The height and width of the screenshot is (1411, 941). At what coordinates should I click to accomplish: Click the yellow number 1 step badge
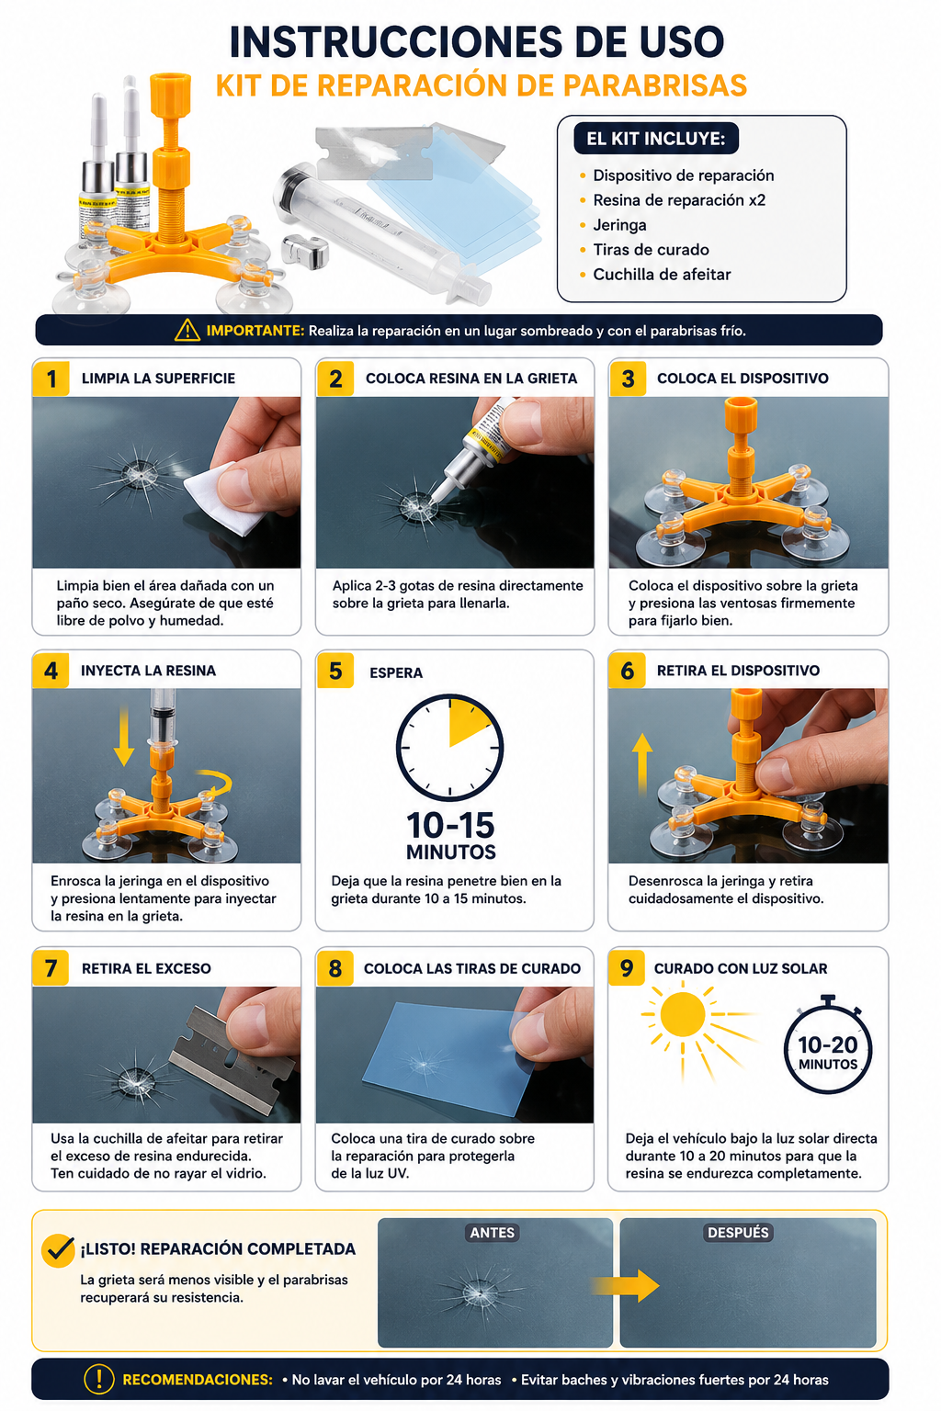coord(51,378)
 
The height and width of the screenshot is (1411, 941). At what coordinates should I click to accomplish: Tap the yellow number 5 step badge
coord(335,671)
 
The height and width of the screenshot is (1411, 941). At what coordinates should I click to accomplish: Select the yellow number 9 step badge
coord(627,967)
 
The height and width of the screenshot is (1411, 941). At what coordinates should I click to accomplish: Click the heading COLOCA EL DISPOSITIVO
coord(743,378)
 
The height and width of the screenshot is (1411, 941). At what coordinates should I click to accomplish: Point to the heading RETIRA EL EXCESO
coord(146,968)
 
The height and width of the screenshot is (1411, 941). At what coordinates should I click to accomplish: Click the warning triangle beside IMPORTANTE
coord(187,330)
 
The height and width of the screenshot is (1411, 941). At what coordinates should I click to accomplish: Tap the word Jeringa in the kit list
coord(619,225)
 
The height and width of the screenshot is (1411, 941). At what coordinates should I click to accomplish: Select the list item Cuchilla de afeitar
coord(662,274)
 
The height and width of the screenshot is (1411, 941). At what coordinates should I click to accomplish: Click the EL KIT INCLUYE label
coord(655,139)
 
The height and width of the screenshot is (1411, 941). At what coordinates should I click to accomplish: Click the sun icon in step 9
coord(683,1014)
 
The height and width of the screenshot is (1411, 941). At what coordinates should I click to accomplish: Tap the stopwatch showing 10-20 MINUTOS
coord(828,1045)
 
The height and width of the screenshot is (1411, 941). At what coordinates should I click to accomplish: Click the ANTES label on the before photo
coord(493,1233)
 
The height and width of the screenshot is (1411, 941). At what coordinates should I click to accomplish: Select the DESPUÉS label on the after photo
coord(738,1233)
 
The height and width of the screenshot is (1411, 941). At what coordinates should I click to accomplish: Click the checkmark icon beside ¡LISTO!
coord(59,1250)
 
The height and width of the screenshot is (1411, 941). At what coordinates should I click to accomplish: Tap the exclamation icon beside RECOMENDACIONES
coord(99,1379)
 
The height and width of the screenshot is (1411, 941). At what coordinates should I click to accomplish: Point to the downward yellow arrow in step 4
coord(124,736)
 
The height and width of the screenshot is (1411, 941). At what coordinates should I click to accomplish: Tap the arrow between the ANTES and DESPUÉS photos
coord(625,1286)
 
